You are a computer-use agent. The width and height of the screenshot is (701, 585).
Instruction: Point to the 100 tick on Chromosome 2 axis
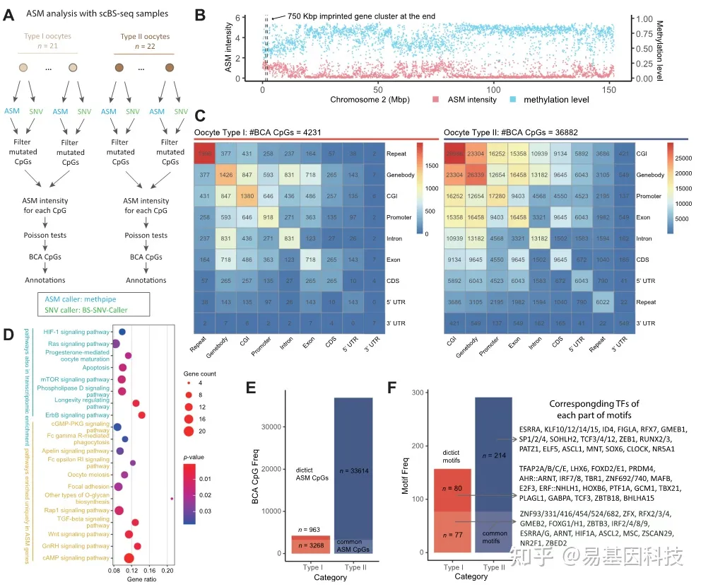(493, 90)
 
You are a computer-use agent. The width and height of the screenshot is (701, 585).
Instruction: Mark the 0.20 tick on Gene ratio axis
(166, 571)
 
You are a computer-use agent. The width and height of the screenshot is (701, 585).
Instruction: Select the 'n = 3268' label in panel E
(312, 546)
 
